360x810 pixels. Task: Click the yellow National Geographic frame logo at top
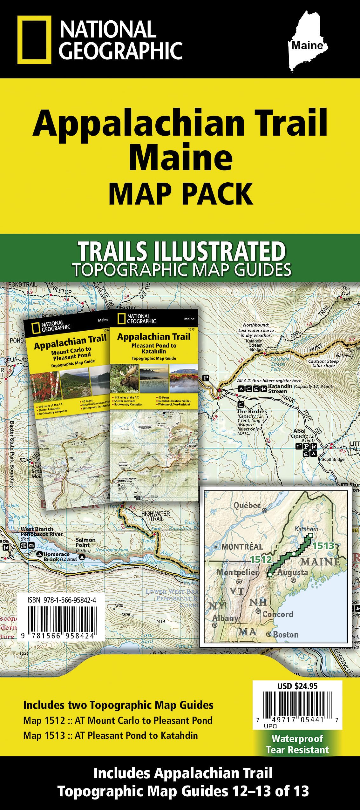point(34,40)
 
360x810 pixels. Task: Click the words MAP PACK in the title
point(181,194)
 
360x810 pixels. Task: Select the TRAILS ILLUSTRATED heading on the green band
point(182,251)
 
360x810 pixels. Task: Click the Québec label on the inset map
point(247,505)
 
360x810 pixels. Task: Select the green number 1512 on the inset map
point(261,559)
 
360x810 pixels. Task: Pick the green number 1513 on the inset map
point(323,546)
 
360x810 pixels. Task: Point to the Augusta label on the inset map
point(292,572)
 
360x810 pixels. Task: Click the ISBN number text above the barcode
point(62,600)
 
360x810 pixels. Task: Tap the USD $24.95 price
point(297,686)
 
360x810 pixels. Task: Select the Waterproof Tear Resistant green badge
point(297,744)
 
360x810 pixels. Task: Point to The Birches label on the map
point(252,411)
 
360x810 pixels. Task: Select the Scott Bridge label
point(333,459)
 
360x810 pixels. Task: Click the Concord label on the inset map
point(277,614)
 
